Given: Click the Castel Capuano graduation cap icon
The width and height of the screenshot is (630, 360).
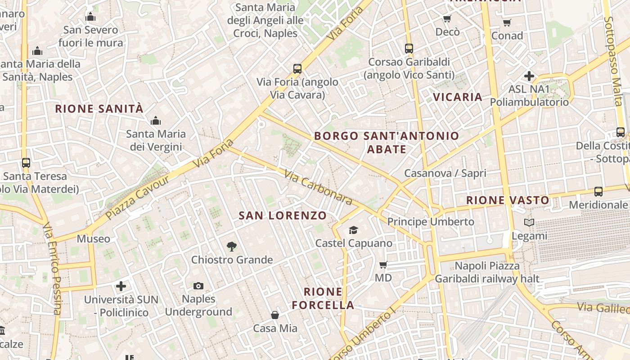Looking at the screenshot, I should click(x=354, y=230).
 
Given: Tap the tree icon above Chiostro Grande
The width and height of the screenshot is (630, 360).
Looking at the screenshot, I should click(x=232, y=246).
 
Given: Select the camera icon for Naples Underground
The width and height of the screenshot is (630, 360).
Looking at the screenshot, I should click(x=198, y=286).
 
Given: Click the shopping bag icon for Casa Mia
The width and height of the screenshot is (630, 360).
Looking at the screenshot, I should click(x=275, y=315).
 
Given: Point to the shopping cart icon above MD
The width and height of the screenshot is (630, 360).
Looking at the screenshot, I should click(x=383, y=265).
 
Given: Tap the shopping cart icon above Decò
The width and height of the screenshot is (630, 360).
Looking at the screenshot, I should click(x=447, y=18).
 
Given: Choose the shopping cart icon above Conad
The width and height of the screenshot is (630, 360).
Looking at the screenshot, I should click(x=507, y=22).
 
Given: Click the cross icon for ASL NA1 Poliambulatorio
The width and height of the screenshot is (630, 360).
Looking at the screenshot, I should click(x=529, y=76).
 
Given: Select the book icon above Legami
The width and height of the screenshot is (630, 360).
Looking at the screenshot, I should click(x=529, y=222).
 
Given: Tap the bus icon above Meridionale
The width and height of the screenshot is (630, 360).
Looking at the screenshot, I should click(x=598, y=192).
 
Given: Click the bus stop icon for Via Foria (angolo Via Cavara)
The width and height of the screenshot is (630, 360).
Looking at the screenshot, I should click(x=297, y=69).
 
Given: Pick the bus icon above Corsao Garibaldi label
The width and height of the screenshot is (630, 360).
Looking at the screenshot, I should click(x=409, y=48).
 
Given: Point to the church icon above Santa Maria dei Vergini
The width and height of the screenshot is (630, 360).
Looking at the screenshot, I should click(x=156, y=121).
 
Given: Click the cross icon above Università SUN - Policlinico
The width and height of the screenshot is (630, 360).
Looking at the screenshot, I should click(x=121, y=286).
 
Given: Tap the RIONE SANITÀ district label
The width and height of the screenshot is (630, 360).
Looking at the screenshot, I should click(x=99, y=108).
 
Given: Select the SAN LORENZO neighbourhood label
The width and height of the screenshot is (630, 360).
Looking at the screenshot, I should click(x=283, y=216).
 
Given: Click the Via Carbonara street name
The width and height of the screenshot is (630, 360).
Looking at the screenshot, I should click(x=318, y=186).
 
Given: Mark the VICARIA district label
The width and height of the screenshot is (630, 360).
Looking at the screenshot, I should click(x=458, y=97).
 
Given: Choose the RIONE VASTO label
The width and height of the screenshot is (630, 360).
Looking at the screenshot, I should click(x=508, y=200).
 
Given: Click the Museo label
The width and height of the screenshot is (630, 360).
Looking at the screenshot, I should click(x=93, y=238).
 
